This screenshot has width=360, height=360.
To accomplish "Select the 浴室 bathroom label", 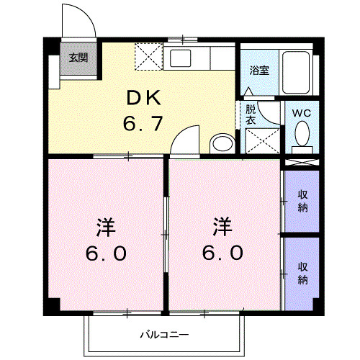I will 259,71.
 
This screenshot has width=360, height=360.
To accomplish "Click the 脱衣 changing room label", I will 251,115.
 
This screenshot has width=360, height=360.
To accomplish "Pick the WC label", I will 301,112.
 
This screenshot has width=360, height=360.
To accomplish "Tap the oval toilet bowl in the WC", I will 302,134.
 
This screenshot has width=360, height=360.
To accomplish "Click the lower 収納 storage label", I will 302,271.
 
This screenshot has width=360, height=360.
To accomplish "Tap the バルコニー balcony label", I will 163,335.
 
